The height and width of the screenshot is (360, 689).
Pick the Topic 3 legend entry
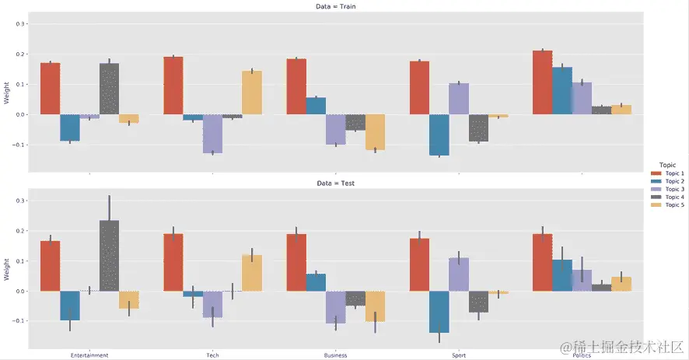pos(668,189)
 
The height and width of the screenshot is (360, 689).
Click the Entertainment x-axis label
pos(89,355)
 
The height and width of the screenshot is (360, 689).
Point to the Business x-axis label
pos(335,355)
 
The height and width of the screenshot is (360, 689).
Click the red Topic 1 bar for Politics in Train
pos(542,82)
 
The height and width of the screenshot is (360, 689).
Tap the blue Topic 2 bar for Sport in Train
pos(439,135)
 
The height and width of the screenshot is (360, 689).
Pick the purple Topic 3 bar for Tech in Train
pos(212,134)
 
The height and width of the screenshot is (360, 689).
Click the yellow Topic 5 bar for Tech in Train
pos(252,93)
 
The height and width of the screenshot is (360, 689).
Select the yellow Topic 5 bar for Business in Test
pos(375,306)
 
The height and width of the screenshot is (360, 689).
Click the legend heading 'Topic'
pos(666,165)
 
